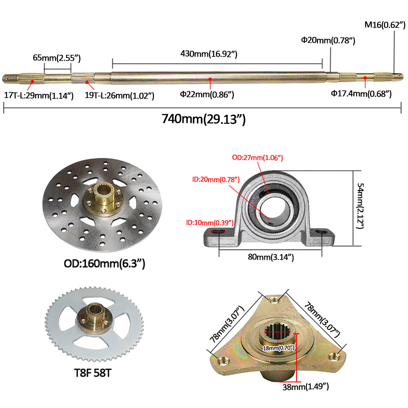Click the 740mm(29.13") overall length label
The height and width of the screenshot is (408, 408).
pyautogui.click(x=204, y=119)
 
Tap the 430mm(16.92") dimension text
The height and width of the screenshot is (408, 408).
pyautogui.click(x=209, y=54)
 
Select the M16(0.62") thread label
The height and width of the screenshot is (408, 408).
pyautogui.click(x=385, y=25)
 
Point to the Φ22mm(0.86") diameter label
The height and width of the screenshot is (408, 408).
pyautogui.click(x=207, y=94)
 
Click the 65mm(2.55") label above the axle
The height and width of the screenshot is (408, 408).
pyautogui.click(x=57, y=58)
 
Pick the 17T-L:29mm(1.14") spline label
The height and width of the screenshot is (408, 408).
pyautogui.click(x=39, y=95)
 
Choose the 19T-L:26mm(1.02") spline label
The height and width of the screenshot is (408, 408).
pyautogui.click(x=120, y=95)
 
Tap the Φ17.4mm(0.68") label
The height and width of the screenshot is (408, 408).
pyautogui.click(x=361, y=94)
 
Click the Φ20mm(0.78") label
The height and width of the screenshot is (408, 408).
pyautogui.click(x=328, y=40)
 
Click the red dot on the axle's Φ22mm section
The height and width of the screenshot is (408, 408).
pyautogui.click(x=210, y=79)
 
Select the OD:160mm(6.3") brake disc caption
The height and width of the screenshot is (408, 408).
pyautogui.click(x=104, y=264)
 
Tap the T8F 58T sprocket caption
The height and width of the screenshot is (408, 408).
pyautogui.click(x=93, y=373)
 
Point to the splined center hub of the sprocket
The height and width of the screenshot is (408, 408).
pyautogui.click(x=93, y=310)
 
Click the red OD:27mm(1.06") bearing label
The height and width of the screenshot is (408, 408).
pyautogui.click(x=257, y=157)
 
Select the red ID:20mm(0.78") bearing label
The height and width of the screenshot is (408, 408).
pyautogui.click(x=216, y=180)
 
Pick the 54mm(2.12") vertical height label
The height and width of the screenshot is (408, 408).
pyautogui.click(x=360, y=206)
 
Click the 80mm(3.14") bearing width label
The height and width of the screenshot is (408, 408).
pyautogui.click(x=271, y=257)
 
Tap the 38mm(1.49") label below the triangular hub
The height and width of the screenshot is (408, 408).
pyautogui.click(x=306, y=387)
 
